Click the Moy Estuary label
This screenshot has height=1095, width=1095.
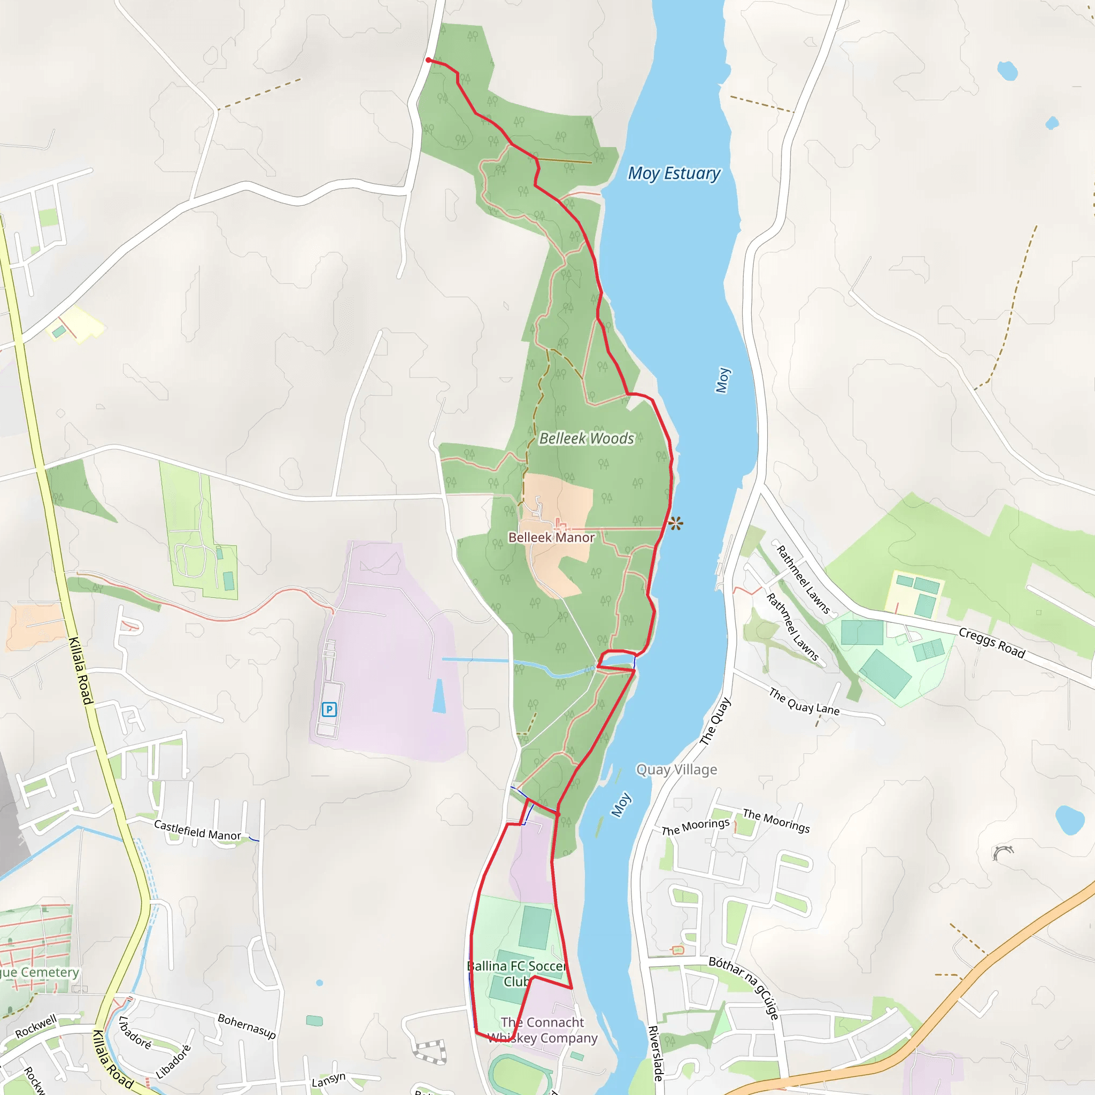tap(674, 173)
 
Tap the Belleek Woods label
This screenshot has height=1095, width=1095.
tap(587, 438)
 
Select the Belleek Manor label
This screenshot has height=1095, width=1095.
tap(551, 537)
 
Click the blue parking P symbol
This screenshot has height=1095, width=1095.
tap(329, 709)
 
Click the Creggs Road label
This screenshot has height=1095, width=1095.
tap(992, 643)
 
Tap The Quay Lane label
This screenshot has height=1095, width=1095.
tap(804, 701)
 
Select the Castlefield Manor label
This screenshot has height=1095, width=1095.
tap(197, 830)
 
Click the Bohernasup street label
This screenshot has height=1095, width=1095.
tap(246, 1026)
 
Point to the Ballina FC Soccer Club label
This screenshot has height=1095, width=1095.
tap(516, 973)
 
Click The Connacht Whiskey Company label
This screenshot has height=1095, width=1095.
tap(542, 1030)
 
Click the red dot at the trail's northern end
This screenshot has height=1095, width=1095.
tap(428, 60)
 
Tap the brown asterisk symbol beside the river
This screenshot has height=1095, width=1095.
tap(675, 523)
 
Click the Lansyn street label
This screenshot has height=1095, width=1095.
tap(328, 1079)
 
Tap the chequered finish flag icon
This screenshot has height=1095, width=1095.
tap(430, 1052)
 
